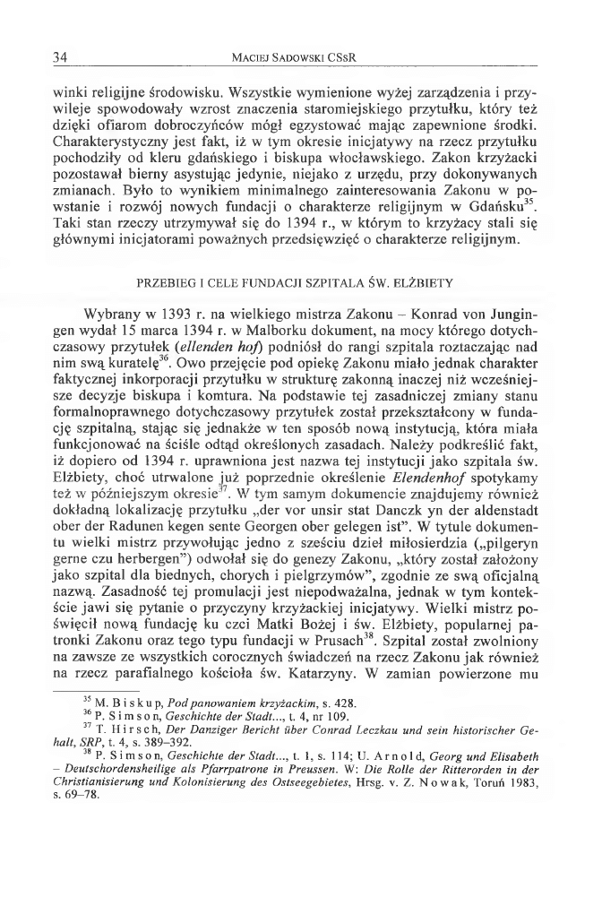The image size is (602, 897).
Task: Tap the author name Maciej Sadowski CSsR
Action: (x=299, y=58)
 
